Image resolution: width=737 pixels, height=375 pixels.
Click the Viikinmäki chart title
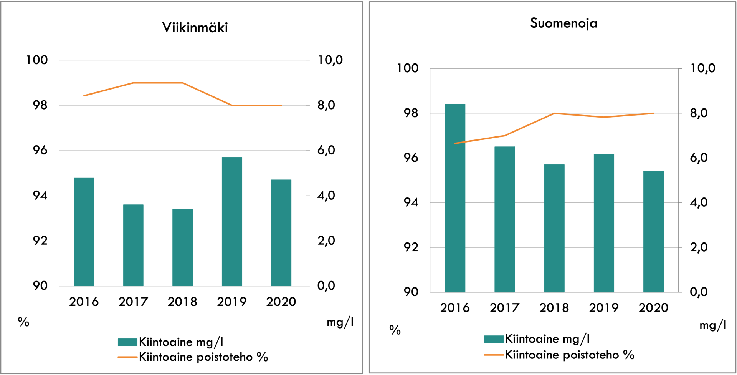point(195,28)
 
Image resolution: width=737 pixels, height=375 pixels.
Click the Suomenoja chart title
point(563,23)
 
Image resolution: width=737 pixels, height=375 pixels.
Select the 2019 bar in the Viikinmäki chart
point(232,221)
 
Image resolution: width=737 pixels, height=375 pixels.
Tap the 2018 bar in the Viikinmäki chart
point(182,247)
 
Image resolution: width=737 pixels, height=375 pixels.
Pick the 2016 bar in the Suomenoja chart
point(455,198)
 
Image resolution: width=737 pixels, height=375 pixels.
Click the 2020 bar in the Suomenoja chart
point(653,232)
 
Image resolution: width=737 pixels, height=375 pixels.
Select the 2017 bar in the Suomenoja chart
point(504,219)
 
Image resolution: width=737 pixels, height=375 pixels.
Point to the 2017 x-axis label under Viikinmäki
point(133,302)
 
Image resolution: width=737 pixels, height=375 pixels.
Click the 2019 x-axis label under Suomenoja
point(604,308)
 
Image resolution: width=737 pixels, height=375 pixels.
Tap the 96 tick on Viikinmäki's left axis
point(40,150)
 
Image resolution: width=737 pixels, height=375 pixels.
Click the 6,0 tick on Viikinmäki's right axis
point(326,150)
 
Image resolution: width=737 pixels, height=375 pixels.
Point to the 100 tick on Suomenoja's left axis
point(407,68)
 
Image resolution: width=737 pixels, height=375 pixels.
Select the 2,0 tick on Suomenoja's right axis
point(699,247)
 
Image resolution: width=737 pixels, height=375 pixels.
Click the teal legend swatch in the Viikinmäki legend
point(127,342)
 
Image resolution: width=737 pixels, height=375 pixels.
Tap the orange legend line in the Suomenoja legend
point(494,355)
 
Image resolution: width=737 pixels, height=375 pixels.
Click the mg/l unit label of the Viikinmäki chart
point(340,322)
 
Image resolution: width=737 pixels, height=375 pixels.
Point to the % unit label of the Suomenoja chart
point(395,330)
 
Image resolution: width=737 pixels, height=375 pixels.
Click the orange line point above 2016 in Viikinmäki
point(84,95)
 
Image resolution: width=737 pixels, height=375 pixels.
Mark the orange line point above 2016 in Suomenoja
point(455,143)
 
